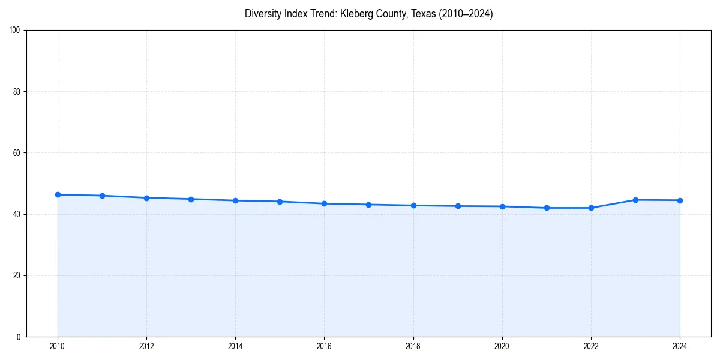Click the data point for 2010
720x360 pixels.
[58, 194]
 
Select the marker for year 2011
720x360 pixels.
[102, 196]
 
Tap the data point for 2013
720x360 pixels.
[191, 199]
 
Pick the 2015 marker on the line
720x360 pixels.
[280, 202]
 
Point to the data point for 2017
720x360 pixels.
[368, 205]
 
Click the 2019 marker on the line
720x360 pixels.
[458, 206]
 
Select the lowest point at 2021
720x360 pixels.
[547, 208]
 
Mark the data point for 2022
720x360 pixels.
[591, 208]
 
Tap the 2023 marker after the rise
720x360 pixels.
[635, 200]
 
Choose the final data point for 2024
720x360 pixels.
[680, 200]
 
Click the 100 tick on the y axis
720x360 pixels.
[16, 30]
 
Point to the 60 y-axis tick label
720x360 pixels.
[17, 153]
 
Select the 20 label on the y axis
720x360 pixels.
[17, 275]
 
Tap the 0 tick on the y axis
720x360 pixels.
[19, 337]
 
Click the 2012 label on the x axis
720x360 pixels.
[146, 346]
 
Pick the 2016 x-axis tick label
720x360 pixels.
[324, 346]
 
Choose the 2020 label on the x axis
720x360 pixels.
[502, 346]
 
